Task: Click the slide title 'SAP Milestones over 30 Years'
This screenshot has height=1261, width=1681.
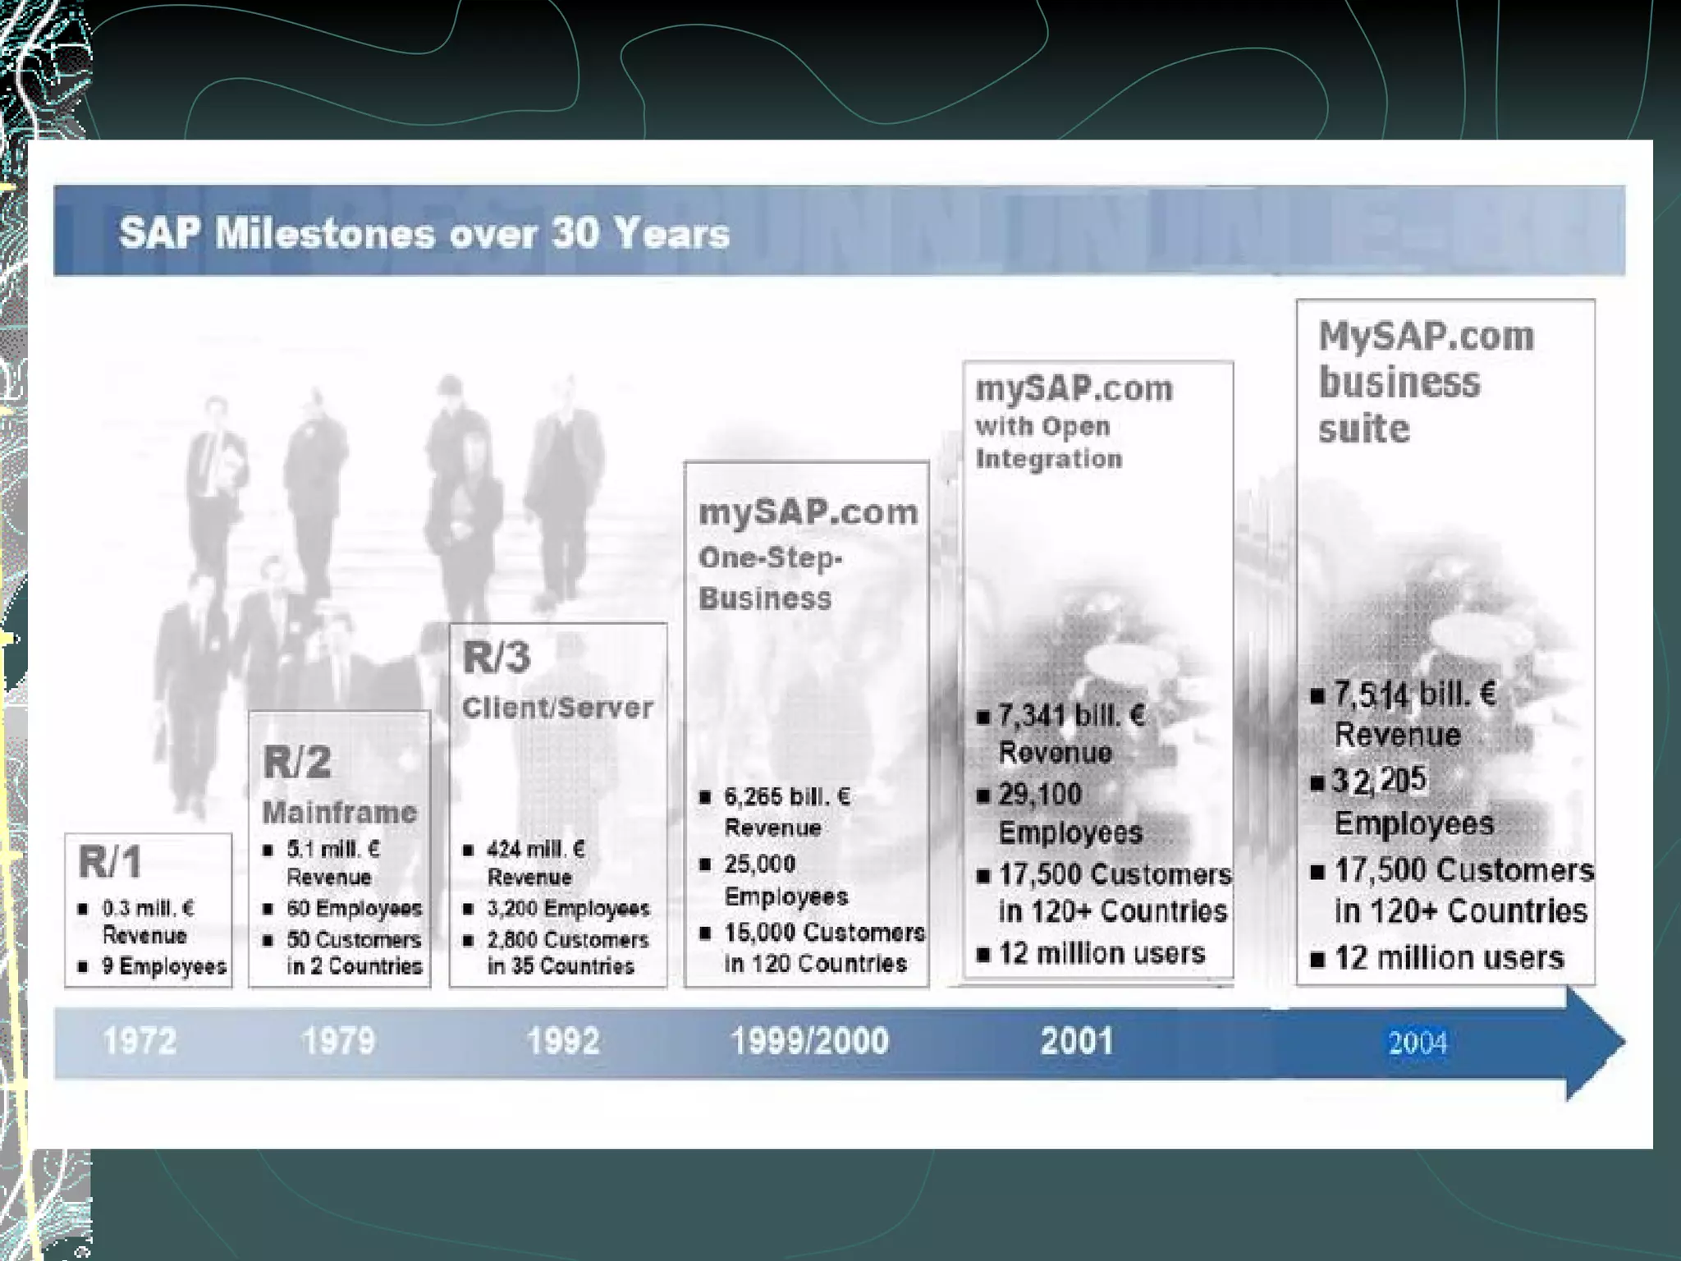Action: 424,233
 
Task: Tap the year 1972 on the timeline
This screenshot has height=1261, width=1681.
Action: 140,1041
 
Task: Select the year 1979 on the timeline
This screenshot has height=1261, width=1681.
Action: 338,1041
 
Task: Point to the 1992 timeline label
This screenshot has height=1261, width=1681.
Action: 563,1041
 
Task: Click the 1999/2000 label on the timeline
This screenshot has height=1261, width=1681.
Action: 809,1041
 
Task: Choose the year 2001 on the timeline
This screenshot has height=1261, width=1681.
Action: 1077,1041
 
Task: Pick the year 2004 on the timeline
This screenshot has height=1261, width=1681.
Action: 1418,1043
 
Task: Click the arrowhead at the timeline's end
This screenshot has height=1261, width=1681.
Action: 1596,1043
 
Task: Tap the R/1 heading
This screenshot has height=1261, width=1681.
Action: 110,862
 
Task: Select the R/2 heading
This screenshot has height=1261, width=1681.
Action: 297,762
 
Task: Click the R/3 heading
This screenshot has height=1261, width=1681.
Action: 497,657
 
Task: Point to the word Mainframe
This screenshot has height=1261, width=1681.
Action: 340,812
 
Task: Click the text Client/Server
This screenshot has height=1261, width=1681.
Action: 558,707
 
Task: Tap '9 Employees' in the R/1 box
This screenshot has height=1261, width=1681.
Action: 164,966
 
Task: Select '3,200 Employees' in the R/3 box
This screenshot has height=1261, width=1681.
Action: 568,908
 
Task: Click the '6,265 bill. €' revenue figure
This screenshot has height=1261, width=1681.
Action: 787,796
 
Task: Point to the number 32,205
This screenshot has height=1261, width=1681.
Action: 1380,780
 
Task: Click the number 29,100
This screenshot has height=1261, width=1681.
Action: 1040,794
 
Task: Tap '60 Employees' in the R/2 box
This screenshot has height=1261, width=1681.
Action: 355,908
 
